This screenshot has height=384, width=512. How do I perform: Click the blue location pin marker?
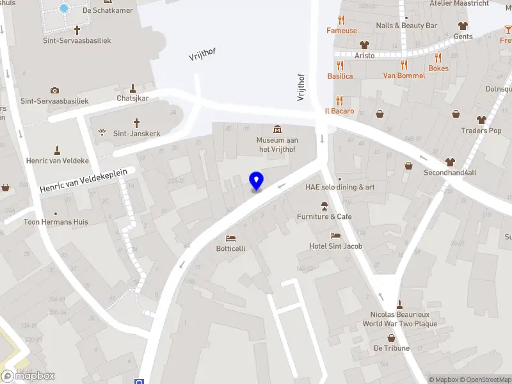click(x=256, y=181)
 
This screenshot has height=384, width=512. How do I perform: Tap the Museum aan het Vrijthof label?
click(x=277, y=145)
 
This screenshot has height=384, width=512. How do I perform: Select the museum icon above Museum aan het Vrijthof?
click(x=277, y=129)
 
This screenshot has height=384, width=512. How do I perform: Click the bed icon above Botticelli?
click(x=230, y=238)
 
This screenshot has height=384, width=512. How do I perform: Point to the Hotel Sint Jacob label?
click(x=336, y=246)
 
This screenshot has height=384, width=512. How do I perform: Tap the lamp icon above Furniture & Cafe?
click(x=324, y=206)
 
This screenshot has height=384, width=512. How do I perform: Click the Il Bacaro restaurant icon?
click(x=339, y=100)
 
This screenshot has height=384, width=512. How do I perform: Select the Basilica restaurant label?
click(x=340, y=76)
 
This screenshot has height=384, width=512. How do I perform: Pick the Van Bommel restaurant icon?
click(x=404, y=65)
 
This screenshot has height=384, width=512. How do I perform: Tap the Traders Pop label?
click(x=481, y=131)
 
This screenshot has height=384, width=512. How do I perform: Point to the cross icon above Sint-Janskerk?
click(x=136, y=122)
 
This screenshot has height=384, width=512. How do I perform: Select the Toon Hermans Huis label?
click(x=56, y=222)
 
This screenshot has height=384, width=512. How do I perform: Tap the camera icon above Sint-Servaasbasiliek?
click(x=55, y=90)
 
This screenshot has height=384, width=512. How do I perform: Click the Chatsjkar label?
click(x=132, y=99)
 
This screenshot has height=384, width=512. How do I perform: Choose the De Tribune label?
click(x=391, y=348)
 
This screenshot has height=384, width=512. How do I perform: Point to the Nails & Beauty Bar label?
click(x=406, y=26)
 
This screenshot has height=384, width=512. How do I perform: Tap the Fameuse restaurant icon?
click(x=342, y=20)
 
